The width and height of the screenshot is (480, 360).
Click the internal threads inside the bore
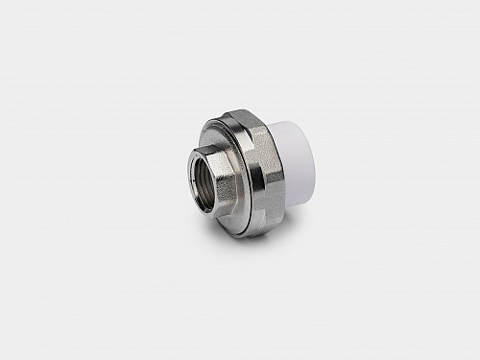(x=196, y=178)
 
